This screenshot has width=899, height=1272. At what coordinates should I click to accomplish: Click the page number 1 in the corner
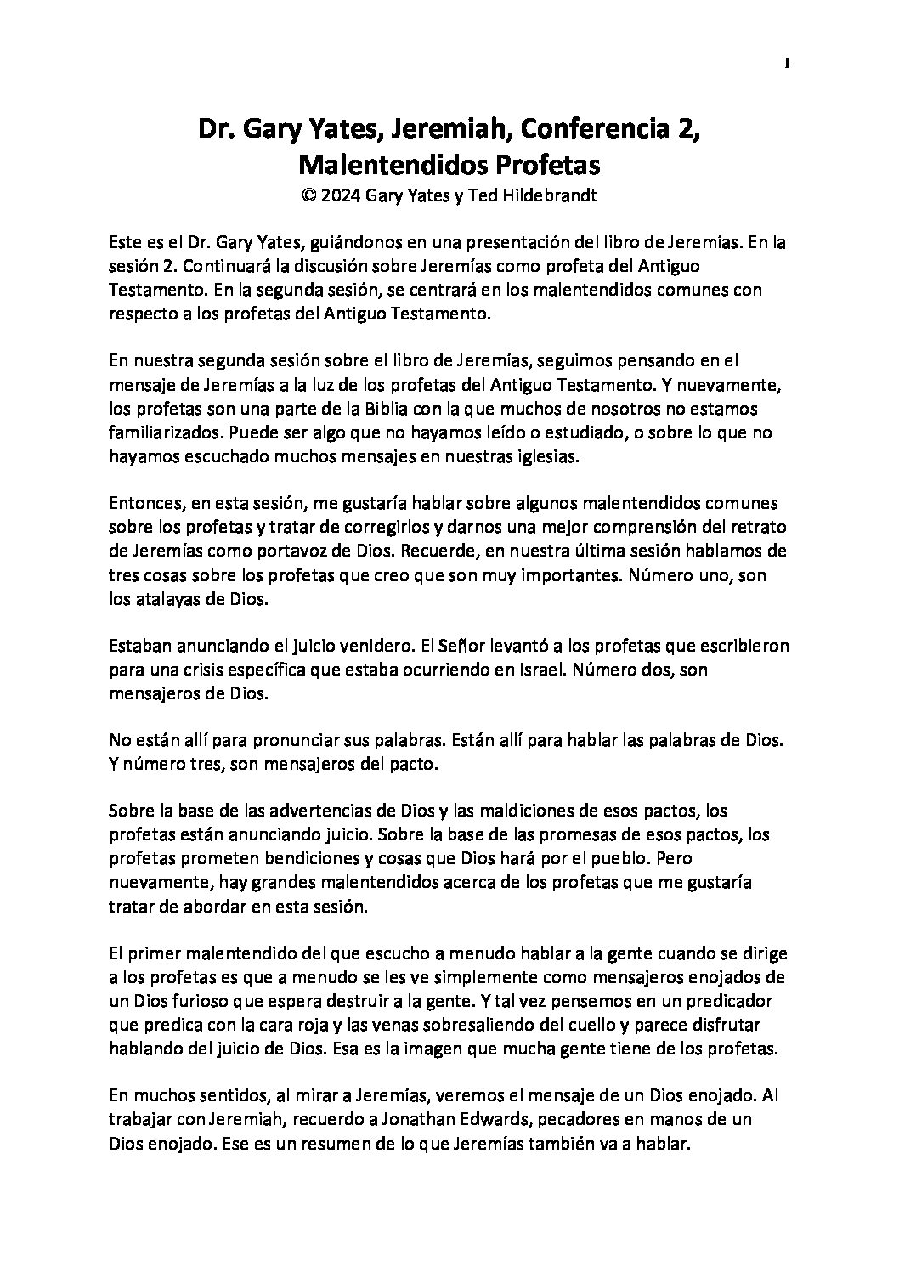[788, 62]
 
